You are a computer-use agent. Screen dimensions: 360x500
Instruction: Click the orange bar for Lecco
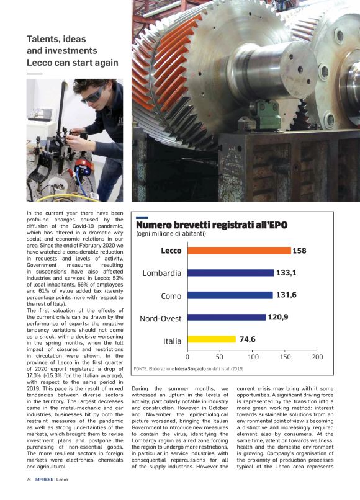pos(239,251)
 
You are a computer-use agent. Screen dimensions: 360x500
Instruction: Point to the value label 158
pos(300,251)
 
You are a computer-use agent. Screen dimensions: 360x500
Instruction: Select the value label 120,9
pos(278,318)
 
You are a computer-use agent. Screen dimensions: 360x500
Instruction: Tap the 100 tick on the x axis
pos(253,357)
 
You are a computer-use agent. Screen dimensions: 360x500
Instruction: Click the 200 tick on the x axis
pos(318,357)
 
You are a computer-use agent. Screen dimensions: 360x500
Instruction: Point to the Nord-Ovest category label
pos(161,319)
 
